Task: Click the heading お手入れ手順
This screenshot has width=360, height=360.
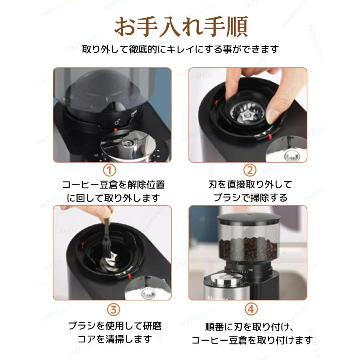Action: (181, 27)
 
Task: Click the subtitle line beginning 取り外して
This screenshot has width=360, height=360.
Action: (180, 49)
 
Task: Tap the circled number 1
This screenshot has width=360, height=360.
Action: (110, 170)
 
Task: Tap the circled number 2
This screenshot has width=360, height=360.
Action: (250, 170)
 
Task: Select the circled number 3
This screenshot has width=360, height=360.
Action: (114, 310)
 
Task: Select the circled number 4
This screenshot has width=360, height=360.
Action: (251, 310)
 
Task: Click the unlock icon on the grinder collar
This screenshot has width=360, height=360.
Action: (117, 122)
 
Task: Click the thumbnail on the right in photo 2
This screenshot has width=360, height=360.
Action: (286, 149)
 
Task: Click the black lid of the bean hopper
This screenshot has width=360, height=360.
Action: (249, 218)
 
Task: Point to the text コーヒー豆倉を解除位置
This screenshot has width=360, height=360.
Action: (114, 184)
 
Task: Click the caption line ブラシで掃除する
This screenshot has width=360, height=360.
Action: (250, 198)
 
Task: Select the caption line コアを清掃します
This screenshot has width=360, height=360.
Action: (115, 339)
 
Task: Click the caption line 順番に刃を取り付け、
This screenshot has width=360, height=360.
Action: (249, 327)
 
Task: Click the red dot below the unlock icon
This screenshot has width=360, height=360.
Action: (116, 130)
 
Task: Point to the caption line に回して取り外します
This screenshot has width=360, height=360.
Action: (113, 198)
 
